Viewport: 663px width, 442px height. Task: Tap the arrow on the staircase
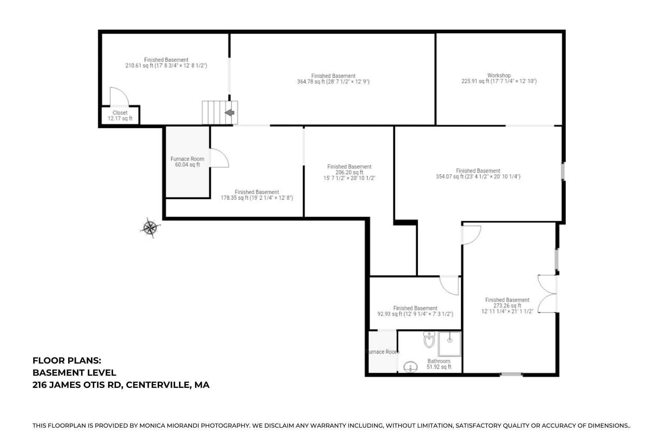point(229,112)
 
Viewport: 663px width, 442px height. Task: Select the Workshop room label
point(499,78)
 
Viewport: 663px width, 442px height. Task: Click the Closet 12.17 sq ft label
point(120,116)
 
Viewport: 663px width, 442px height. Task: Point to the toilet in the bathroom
point(429,340)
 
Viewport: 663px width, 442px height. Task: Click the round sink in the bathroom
point(410,367)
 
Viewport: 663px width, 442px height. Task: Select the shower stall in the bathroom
point(449,344)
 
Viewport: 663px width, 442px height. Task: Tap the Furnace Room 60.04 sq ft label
point(187,162)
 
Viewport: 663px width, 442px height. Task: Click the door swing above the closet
point(119,97)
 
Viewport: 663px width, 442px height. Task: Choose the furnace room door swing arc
point(220,158)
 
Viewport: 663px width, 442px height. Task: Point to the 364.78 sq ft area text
point(333,81)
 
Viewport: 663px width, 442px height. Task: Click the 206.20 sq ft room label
point(349,172)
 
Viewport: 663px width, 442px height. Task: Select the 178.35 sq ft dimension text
point(257,198)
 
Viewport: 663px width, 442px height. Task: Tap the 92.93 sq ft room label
point(415,311)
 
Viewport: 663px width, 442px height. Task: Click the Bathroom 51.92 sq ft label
point(439,364)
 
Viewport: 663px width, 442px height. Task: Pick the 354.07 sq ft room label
point(478,173)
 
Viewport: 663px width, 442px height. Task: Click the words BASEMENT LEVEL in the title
point(74,372)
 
